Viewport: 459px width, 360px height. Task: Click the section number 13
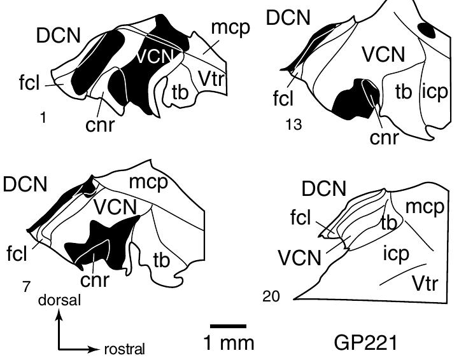pyautogui.click(x=294, y=125)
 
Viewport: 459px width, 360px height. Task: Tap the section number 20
pyautogui.click(x=271, y=296)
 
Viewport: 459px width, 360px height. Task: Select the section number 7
pyautogui.click(x=26, y=286)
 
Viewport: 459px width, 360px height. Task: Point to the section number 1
pyautogui.click(x=43, y=118)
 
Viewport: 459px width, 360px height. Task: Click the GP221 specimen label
pyautogui.click(x=365, y=342)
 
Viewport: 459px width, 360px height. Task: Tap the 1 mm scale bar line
pyautogui.click(x=229, y=326)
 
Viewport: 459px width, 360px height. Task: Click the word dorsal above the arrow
pyautogui.click(x=59, y=300)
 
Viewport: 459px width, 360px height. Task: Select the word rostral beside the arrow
pyautogui.click(x=125, y=349)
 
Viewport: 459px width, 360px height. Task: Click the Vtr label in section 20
pyautogui.click(x=425, y=284)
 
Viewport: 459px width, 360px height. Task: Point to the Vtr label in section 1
pyautogui.click(x=211, y=79)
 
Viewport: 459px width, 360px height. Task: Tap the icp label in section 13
pyautogui.click(x=435, y=92)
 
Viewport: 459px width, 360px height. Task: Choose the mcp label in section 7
pyautogui.click(x=149, y=183)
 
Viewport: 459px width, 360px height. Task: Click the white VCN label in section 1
pyautogui.click(x=155, y=55)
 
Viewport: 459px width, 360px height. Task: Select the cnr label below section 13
pyautogui.click(x=384, y=137)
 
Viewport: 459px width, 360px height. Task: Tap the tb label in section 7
pyautogui.click(x=161, y=260)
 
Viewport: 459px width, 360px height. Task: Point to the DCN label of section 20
pyautogui.click(x=324, y=188)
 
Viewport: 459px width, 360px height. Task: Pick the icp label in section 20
pyautogui.click(x=397, y=254)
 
